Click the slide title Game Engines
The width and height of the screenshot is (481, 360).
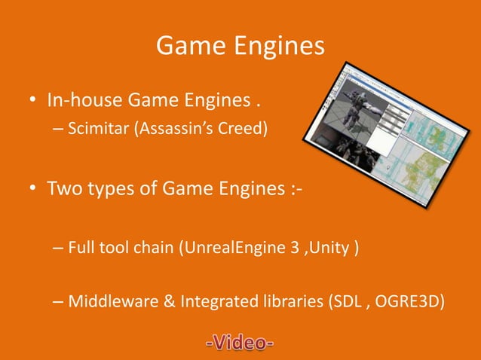(240, 47)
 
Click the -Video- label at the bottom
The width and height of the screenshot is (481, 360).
(239, 344)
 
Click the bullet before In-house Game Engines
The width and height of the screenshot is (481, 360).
(34, 100)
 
